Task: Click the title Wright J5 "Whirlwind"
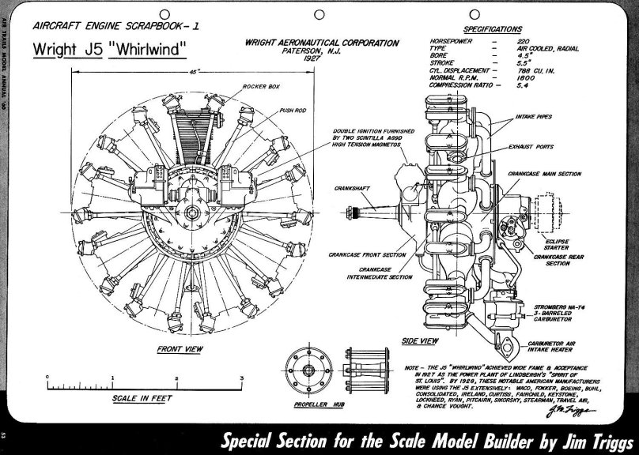pyautogui.click(x=109, y=50)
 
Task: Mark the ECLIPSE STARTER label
pyautogui.click(x=558, y=244)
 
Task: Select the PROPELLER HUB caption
pyautogui.click(x=319, y=404)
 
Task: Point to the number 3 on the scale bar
pyautogui.click(x=241, y=379)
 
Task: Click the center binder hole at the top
pyautogui.click(x=319, y=13)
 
